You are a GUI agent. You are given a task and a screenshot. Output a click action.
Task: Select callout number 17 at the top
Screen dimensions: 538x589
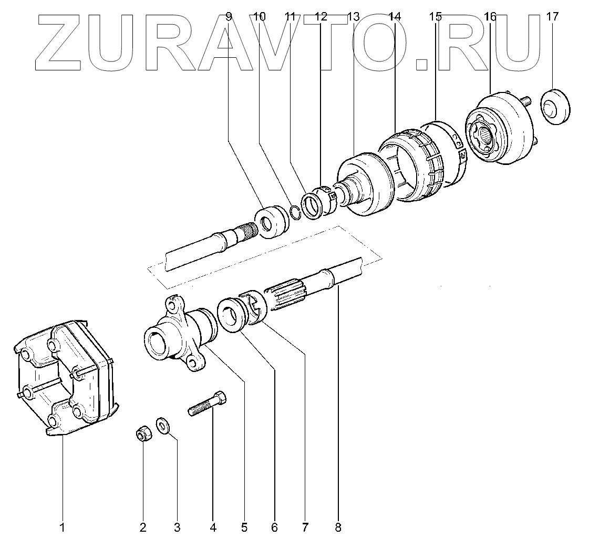pos(552,17)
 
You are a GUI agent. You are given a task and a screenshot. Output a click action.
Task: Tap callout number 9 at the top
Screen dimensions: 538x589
pos(228,17)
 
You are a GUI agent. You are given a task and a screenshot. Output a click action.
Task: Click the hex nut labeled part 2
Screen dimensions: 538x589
pos(141,434)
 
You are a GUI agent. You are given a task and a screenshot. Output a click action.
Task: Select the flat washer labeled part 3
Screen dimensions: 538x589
pos(162,424)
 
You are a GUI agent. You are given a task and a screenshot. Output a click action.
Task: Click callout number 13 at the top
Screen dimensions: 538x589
pos(353,17)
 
